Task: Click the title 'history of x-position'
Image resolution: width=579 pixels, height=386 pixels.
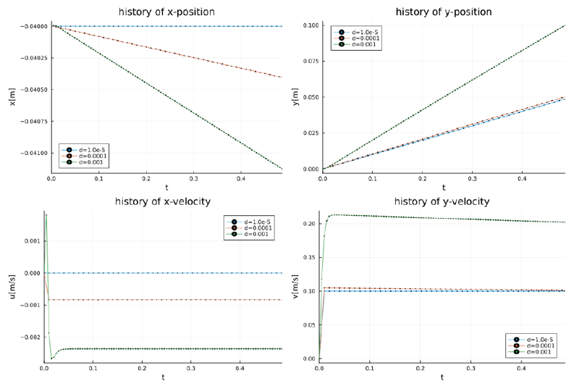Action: (166, 12)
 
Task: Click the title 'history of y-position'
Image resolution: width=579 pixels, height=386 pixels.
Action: (444, 12)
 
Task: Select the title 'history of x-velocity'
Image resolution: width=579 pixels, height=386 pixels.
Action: (163, 202)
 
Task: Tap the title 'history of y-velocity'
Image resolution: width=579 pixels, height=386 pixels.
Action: (442, 202)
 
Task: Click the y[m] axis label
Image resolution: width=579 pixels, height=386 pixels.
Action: (295, 97)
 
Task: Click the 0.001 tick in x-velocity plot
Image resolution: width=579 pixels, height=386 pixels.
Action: (33, 241)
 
